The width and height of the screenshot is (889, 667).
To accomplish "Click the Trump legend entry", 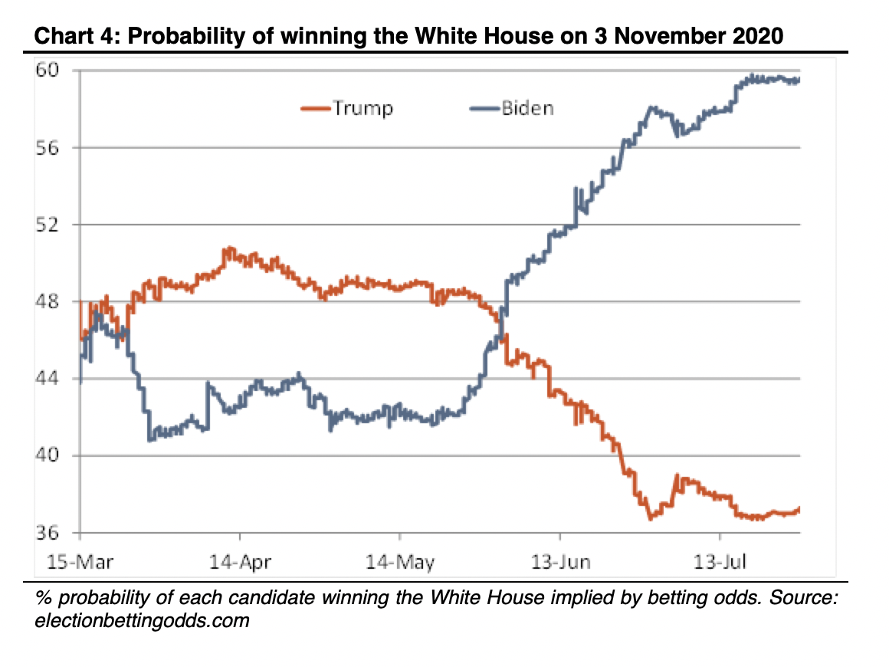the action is click(346, 108).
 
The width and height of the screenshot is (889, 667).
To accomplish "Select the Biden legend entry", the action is click(511, 108).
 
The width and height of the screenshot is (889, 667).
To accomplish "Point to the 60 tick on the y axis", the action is click(47, 71).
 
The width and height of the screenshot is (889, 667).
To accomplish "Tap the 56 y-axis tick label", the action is click(47, 148).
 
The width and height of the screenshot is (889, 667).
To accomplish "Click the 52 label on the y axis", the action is click(47, 225).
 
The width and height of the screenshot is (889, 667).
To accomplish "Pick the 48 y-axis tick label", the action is click(47, 301).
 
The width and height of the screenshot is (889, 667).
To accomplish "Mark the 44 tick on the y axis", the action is click(47, 378).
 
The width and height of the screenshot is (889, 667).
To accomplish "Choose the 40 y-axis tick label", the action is click(47, 455).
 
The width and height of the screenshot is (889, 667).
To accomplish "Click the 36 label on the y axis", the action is click(47, 533).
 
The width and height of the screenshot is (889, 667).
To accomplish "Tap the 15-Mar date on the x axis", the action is click(80, 562).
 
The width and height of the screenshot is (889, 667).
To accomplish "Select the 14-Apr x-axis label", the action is click(240, 562).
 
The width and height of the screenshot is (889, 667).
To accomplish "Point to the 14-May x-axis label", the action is click(400, 562).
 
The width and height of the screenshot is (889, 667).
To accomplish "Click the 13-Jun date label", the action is click(560, 562).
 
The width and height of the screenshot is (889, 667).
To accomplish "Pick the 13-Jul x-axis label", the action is click(720, 562).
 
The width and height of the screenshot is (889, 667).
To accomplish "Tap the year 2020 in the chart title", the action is click(757, 36).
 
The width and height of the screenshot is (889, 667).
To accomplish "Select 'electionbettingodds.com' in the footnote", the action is click(143, 620).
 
